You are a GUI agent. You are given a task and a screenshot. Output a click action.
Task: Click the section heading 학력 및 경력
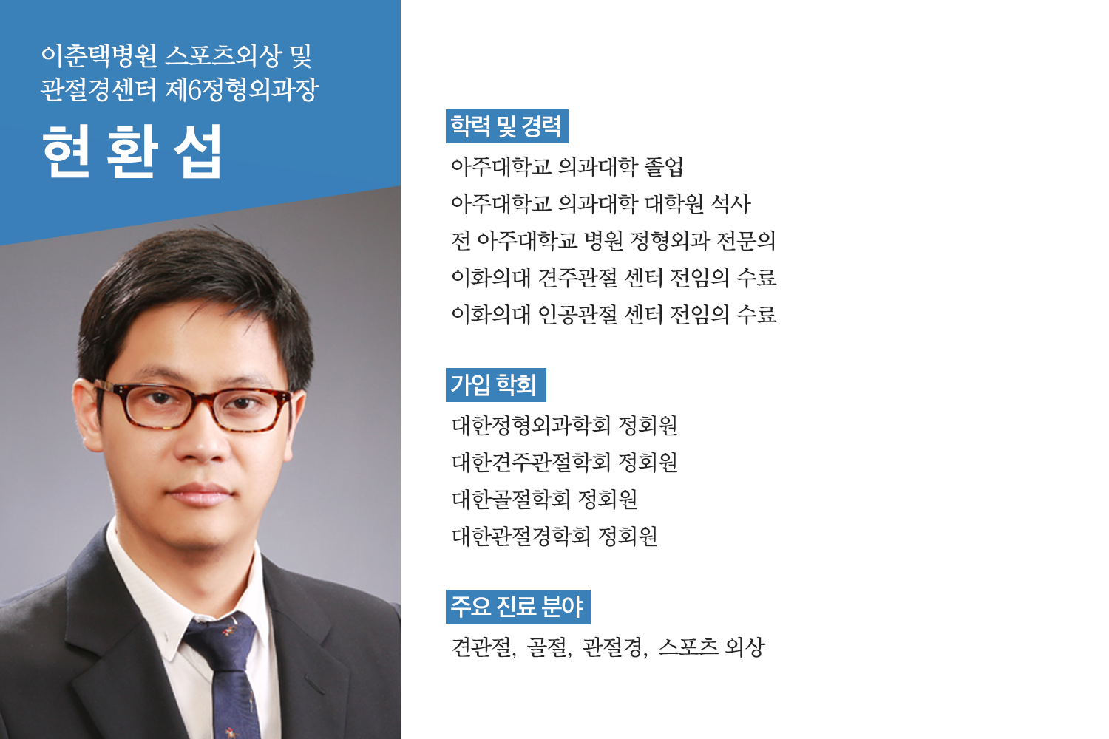(x=506, y=126)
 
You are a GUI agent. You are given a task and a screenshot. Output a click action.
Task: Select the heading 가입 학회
(x=495, y=384)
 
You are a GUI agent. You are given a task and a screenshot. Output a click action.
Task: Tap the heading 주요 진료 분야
(x=518, y=606)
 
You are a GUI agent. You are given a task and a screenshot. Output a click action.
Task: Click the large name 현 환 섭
(x=132, y=151)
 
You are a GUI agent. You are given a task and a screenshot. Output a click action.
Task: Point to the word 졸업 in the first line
(x=663, y=167)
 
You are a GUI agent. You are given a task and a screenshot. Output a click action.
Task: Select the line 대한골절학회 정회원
(x=544, y=499)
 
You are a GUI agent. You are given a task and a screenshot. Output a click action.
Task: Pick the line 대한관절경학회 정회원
(x=554, y=536)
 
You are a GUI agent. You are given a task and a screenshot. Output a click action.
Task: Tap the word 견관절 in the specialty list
(x=483, y=647)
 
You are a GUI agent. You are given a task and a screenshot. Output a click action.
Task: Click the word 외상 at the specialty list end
(x=745, y=647)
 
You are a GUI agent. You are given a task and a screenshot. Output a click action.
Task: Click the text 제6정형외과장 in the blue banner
(x=242, y=89)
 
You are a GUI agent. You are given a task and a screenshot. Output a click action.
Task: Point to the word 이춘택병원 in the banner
(x=99, y=55)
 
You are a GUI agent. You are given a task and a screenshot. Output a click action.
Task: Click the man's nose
(x=203, y=440)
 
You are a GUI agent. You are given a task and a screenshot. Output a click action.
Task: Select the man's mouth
(x=200, y=494)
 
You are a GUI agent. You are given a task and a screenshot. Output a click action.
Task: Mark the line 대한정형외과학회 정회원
(x=564, y=425)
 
